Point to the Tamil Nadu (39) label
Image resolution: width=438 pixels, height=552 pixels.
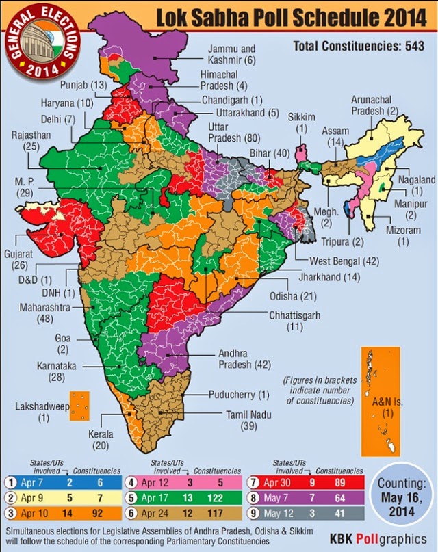[239, 420]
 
